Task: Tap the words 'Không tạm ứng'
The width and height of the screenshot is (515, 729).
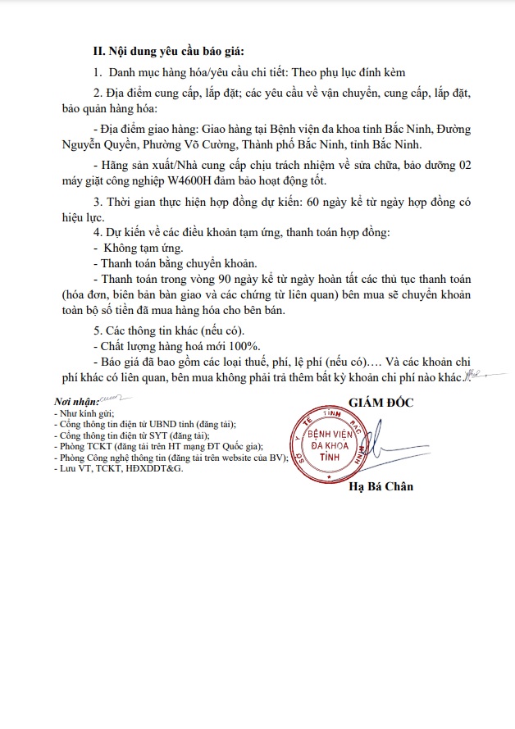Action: pyautogui.click(x=138, y=248)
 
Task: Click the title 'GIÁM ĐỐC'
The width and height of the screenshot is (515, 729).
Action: pyautogui.click(x=381, y=402)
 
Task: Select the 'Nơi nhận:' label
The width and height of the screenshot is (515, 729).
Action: pyautogui.click(x=75, y=403)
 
